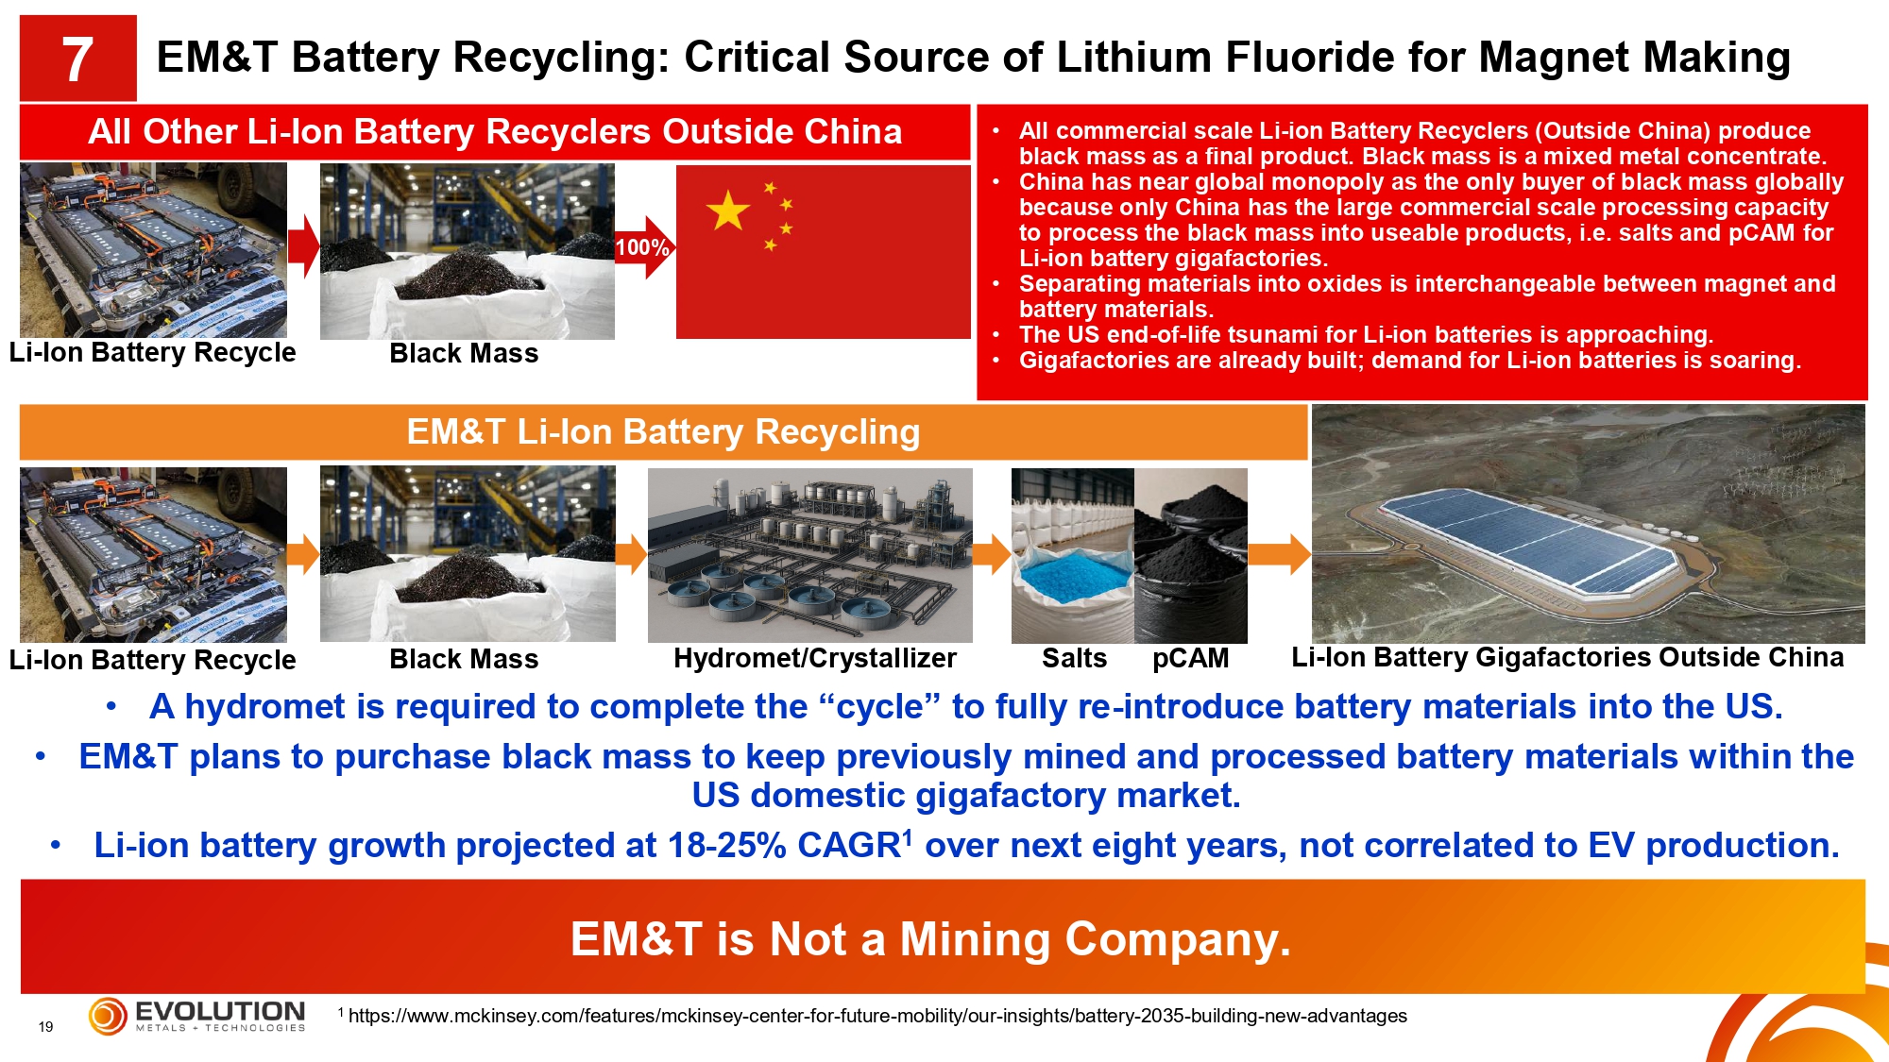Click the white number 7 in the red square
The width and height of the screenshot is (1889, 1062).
click(77, 59)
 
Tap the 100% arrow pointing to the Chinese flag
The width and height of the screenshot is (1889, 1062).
click(645, 247)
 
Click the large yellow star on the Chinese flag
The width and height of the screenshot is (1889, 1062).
click(728, 211)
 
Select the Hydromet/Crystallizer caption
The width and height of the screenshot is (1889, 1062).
click(815, 658)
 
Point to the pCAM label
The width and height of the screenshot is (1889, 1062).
click(1190, 658)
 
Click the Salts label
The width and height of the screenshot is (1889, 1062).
click(1074, 658)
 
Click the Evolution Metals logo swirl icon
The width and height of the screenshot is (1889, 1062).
click(108, 1016)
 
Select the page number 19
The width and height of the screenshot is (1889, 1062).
click(45, 1027)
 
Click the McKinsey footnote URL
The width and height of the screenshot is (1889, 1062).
click(877, 1016)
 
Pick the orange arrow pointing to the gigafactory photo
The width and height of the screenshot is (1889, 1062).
click(1279, 555)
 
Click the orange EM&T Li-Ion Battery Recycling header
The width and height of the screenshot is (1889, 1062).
click(663, 432)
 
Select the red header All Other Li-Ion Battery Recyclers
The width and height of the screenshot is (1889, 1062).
click(495, 132)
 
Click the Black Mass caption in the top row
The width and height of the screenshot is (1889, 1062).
click(464, 353)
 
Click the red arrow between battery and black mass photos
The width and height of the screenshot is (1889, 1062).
click(303, 247)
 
